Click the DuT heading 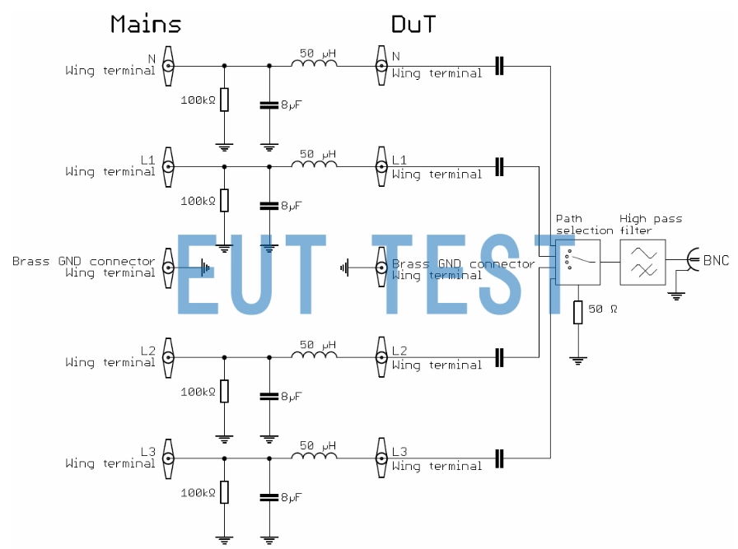pyautogui.click(x=413, y=25)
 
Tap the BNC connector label pyautogui.click(x=716, y=260)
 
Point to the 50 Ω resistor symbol pyautogui.click(x=578, y=312)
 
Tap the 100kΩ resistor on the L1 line pyautogui.click(x=224, y=200)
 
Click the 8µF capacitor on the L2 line pyautogui.click(x=269, y=396)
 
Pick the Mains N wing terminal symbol pyautogui.click(x=168, y=65)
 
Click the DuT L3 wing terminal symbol pyautogui.click(x=381, y=458)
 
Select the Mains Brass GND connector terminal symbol pyautogui.click(x=168, y=267)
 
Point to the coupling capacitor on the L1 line pyautogui.click(x=498, y=166)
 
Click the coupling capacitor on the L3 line pyautogui.click(x=498, y=458)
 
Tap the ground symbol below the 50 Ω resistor pyautogui.click(x=578, y=359)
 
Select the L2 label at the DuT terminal pyautogui.click(x=399, y=351)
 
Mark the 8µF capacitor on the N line pyautogui.click(x=269, y=105)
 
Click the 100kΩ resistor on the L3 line pyautogui.click(x=224, y=493)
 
